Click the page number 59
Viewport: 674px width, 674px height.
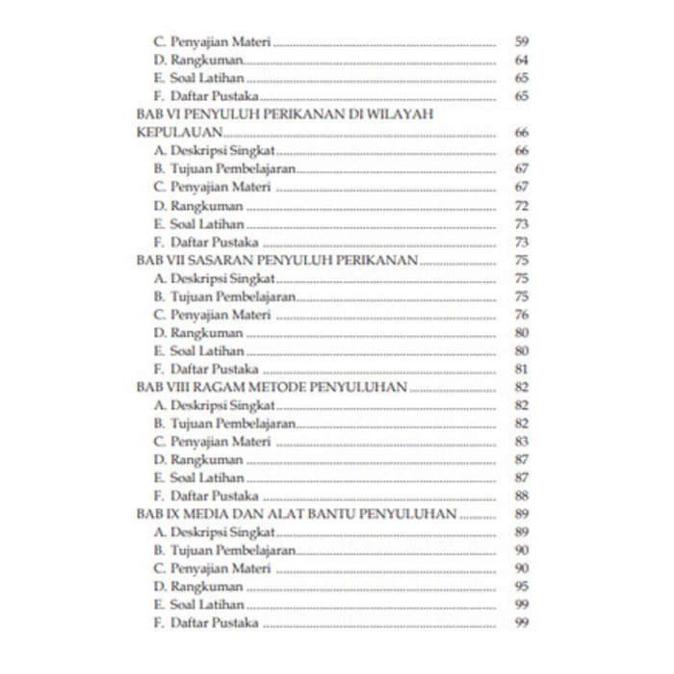point(522,42)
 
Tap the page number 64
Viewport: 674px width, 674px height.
point(522,61)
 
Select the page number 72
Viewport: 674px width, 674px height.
point(522,206)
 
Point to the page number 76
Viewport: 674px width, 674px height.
point(522,315)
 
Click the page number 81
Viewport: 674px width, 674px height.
point(522,369)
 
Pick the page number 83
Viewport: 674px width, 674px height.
point(522,441)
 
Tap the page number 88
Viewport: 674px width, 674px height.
point(522,496)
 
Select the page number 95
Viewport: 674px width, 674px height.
point(522,586)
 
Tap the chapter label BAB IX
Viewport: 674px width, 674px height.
point(160,514)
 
